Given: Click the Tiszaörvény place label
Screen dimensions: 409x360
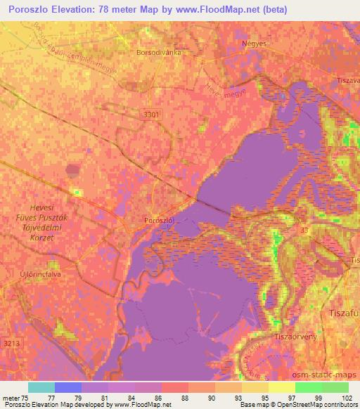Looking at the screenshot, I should (x=292, y=335).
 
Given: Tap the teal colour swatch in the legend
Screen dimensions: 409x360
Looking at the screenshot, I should (x=41, y=387).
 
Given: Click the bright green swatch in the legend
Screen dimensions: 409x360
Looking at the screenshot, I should (x=308, y=387).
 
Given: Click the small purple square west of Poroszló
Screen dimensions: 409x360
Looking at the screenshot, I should (x=73, y=169).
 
